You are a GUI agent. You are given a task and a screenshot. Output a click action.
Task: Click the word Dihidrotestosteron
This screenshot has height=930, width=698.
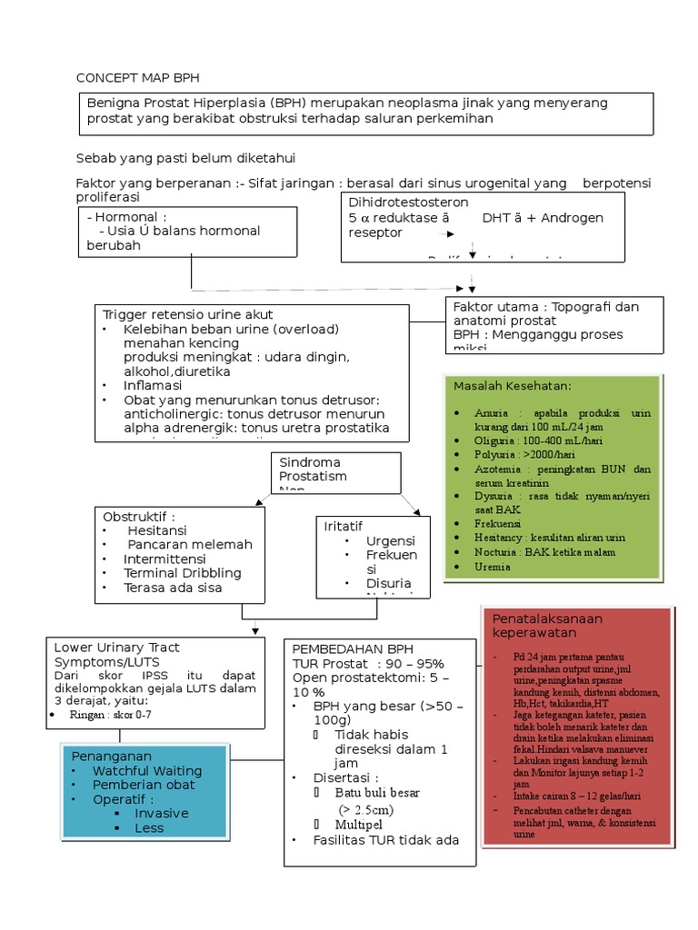pos(408,203)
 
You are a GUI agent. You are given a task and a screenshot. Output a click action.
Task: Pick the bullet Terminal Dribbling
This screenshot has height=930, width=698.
pos(183,573)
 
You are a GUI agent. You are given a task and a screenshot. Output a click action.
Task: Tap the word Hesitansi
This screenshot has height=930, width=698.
pos(157,530)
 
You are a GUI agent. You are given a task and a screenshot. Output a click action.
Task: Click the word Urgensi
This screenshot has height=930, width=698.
pos(390,540)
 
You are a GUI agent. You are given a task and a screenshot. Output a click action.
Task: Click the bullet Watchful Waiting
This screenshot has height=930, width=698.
pos(146,770)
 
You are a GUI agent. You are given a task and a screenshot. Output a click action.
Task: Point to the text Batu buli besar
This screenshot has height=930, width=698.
pos(379,793)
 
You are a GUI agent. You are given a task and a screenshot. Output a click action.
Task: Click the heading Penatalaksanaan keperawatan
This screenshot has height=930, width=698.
pos(547,625)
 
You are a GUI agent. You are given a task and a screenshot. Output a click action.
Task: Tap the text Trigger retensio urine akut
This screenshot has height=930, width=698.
pos(188,314)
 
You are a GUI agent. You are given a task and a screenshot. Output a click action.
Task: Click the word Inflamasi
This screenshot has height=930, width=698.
pos(153,385)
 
